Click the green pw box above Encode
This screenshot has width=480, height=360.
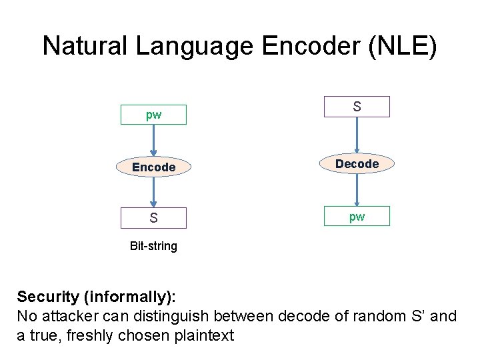click(153, 115)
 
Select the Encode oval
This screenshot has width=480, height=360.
click(153, 167)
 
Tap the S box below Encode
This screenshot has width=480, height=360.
click(153, 218)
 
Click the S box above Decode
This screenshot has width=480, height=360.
click(357, 107)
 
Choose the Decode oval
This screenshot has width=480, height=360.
click(357, 163)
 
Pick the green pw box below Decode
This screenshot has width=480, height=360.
click(357, 216)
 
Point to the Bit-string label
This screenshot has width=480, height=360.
click(153, 246)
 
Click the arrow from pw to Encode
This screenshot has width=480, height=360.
click(153, 141)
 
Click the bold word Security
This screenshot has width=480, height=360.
click(48, 296)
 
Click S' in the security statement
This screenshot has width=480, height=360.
click(415, 315)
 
